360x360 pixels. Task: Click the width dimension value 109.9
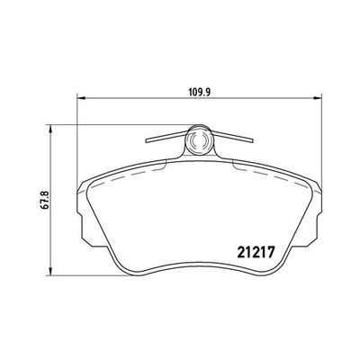200,92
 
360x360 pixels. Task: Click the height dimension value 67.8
45,200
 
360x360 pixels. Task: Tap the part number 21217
256,252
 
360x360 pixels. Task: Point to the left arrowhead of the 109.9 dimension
82,97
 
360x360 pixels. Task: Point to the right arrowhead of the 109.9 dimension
318,97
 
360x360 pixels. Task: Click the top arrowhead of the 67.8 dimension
51,130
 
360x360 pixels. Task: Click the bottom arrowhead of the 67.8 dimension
51,271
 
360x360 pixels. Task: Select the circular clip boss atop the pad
198,139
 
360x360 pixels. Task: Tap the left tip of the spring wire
147,140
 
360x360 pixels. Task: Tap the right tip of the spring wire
253,140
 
